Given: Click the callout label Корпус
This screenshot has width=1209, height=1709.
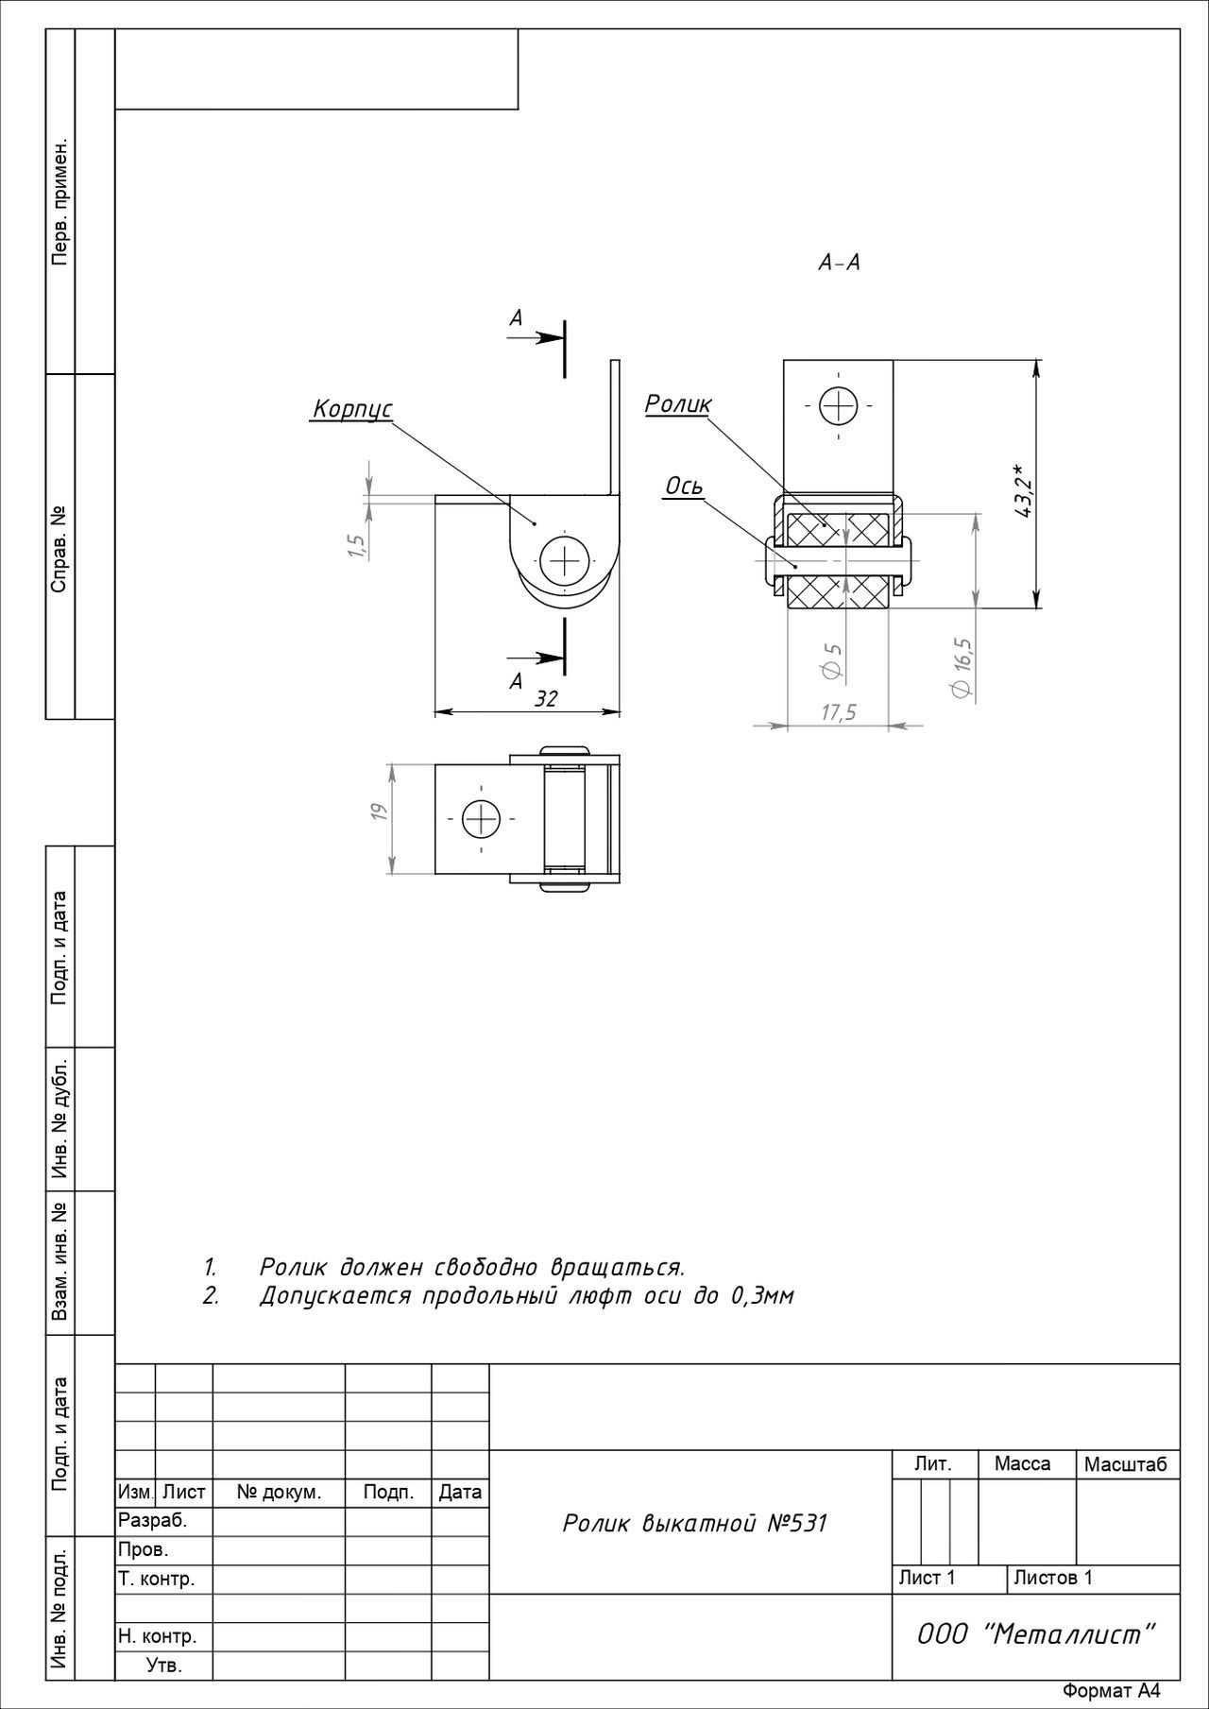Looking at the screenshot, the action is [x=351, y=409].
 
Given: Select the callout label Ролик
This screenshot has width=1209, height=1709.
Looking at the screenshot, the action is [x=678, y=404].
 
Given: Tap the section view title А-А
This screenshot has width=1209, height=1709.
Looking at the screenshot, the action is [x=839, y=263].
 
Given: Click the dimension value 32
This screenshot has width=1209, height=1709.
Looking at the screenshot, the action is [x=546, y=698].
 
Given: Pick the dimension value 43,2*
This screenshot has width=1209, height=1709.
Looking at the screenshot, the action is [x=1025, y=490].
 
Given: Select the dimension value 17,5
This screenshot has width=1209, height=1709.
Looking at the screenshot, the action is [x=838, y=712].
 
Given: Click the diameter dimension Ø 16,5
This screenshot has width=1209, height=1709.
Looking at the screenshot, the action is [x=962, y=668].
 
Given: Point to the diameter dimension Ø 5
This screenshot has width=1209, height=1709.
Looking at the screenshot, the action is [x=832, y=660].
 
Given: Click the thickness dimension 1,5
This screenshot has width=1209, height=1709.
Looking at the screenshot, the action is [x=356, y=546].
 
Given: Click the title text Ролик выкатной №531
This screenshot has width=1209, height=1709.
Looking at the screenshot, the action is [x=694, y=1524].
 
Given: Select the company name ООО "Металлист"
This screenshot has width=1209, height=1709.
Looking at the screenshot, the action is [x=1036, y=1633].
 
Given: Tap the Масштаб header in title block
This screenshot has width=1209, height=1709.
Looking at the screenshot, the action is [x=1126, y=1464].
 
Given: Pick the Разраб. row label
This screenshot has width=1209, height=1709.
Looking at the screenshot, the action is [x=152, y=1521].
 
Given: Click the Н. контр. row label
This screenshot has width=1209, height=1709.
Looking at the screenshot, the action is [x=157, y=1635].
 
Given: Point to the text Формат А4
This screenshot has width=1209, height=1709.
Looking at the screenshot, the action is [x=1112, y=1691].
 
